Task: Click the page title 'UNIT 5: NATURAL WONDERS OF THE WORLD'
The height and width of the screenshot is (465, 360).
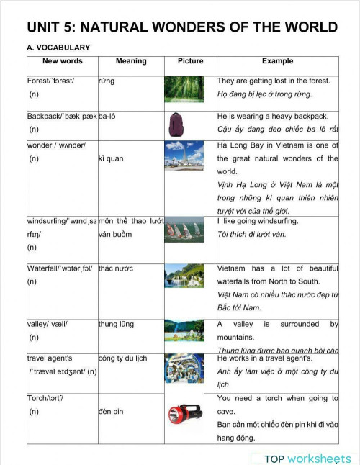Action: point(182,27)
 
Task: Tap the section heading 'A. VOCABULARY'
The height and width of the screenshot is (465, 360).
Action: point(58,48)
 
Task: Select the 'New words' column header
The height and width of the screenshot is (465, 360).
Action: point(62,61)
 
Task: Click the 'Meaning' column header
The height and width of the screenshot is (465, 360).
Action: point(131,61)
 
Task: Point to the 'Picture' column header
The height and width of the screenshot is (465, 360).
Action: point(190,61)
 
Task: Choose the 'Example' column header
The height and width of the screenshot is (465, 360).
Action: point(277,61)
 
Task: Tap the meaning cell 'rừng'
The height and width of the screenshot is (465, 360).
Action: point(107,81)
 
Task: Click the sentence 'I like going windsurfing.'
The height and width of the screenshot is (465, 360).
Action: point(258,221)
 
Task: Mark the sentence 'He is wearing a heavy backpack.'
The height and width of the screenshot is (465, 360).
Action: point(273,116)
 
